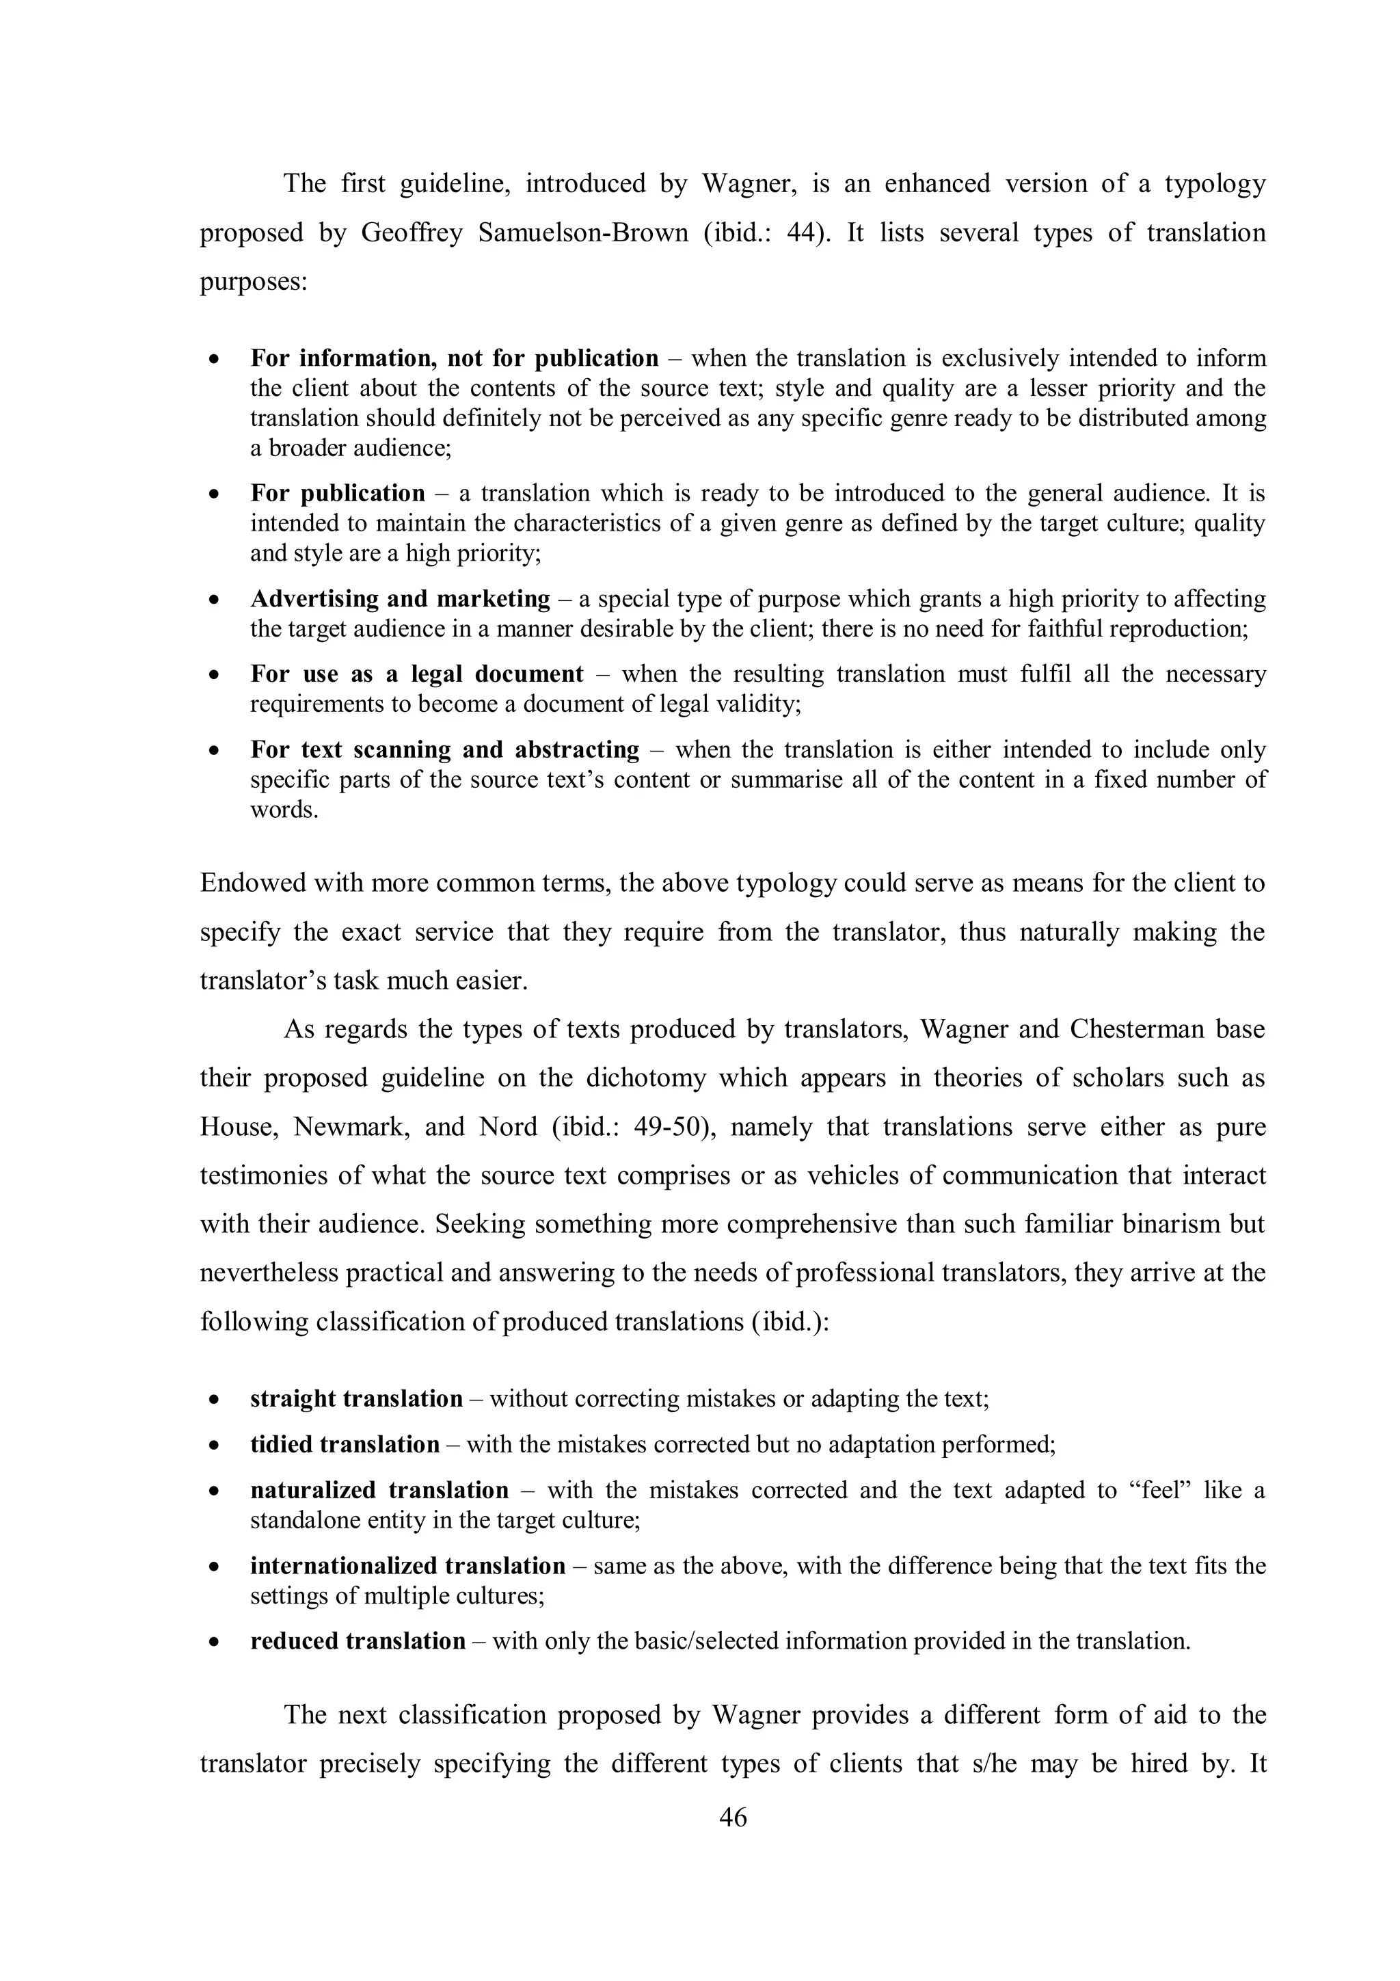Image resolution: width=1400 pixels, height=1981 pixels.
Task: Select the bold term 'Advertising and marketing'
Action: (x=401, y=599)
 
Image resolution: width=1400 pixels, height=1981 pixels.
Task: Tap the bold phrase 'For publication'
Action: (x=337, y=494)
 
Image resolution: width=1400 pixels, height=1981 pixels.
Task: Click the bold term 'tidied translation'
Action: (x=345, y=1444)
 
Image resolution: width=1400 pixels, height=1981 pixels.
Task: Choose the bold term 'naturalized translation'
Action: (x=379, y=1490)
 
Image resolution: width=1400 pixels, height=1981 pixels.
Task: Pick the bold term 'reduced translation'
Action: (x=358, y=1641)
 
